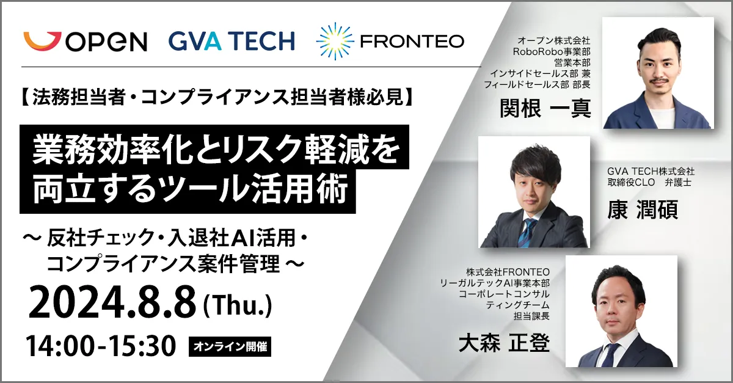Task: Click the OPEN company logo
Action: tap(86, 42)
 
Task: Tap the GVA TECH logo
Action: tap(232, 41)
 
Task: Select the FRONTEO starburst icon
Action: tap(335, 42)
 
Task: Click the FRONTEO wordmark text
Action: tap(412, 42)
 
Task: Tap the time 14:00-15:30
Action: tap(101, 346)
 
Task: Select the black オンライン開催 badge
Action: tap(230, 347)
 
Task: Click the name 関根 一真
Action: tap(545, 108)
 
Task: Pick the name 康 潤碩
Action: tap(643, 210)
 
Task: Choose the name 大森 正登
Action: tap(504, 343)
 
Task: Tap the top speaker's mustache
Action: tap(658, 81)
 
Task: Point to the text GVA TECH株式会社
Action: tap(651, 171)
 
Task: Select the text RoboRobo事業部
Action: tap(552, 51)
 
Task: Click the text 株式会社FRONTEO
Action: tap(508, 272)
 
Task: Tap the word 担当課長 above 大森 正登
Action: tap(531, 316)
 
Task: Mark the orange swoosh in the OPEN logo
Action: tap(42, 41)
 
